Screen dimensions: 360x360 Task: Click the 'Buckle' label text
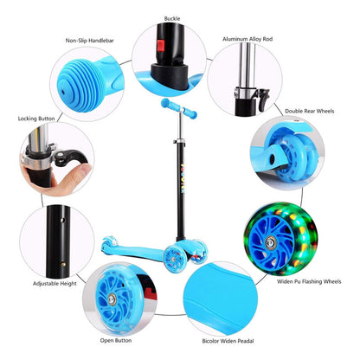click(x=172, y=18)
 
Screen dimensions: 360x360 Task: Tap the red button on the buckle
click(x=161, y=46)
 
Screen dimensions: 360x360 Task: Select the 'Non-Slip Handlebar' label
click(x=89, y=41)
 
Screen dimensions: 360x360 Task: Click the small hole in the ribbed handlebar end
click(x=63, y=92)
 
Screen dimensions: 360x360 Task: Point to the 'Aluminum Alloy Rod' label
click(x=247, y=39)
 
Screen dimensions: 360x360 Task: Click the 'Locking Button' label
click(x=36, y=119)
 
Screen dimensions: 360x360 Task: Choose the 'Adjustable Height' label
click(x=55, y=284)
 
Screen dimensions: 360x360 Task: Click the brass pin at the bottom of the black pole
click(x=63, y=264)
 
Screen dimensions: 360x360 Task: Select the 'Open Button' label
click(x=116, y=340)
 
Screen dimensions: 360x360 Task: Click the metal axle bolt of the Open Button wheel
click(x=112, y=299)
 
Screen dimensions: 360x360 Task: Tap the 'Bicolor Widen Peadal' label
click(x=228, y=341)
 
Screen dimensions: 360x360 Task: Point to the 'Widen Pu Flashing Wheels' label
click(x=309, y=281)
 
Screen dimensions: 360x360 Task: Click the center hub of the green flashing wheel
click(x=271, y=242)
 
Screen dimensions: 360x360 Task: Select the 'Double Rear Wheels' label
click(x=310, y=111)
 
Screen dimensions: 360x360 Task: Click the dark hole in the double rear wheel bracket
click(x=272, y=158)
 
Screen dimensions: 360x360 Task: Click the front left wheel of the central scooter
click(x=175, y=260)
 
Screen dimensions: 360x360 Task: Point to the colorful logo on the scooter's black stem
click(x=183, y=179)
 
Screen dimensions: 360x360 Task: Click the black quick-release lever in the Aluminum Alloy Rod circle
click(x=264, y=99)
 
